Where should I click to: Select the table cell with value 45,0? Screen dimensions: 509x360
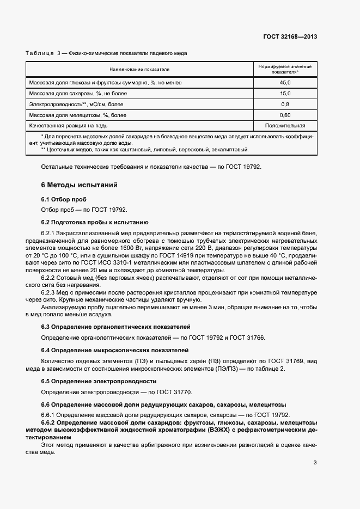point(285,82)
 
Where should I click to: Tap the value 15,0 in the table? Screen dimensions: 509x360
point(285,94)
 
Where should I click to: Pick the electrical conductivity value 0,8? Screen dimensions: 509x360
point(285,105)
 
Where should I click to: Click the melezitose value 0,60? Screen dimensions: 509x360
point(285,115)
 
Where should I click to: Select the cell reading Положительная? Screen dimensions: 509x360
point(285,126)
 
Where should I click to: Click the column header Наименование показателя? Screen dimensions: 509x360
point(139,69)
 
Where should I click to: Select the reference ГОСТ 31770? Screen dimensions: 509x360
point(174,392)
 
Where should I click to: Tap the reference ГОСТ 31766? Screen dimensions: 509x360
point(247,338)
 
